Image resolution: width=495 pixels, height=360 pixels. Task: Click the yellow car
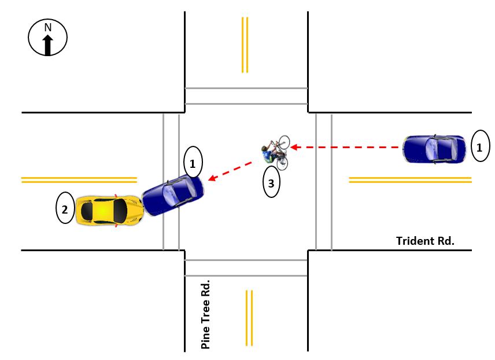pyautogui.click(x=110, y=211)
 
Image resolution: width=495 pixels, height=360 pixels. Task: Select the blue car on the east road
pyautogui.click(x=434, y=149)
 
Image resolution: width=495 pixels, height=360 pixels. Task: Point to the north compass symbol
pyautogui.click(x=47, y=38)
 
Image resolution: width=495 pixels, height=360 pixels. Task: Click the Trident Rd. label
pyautogui.click(x=425, y=241)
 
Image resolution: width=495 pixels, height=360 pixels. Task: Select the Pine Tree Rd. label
pyautogui.click(x=205, y=315)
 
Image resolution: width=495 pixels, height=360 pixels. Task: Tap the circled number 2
pyautogui.click(x=65, y=208)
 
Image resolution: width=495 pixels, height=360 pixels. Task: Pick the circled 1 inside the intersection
pyautogui.click(x=193, y=162)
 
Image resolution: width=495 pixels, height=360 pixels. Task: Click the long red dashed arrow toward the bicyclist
pyautogui.click(x=347, y=148)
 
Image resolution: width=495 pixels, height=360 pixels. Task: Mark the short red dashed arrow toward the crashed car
pyautogui.click(x=230, y=171)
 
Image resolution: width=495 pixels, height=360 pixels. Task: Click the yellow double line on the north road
pyautogui.click(x=245, y=45)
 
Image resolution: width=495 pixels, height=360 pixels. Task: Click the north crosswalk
pyautogui.click(x=246, y=95)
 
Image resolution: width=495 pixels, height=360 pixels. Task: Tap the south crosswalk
pyautogui.click(x=246, y=268)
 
